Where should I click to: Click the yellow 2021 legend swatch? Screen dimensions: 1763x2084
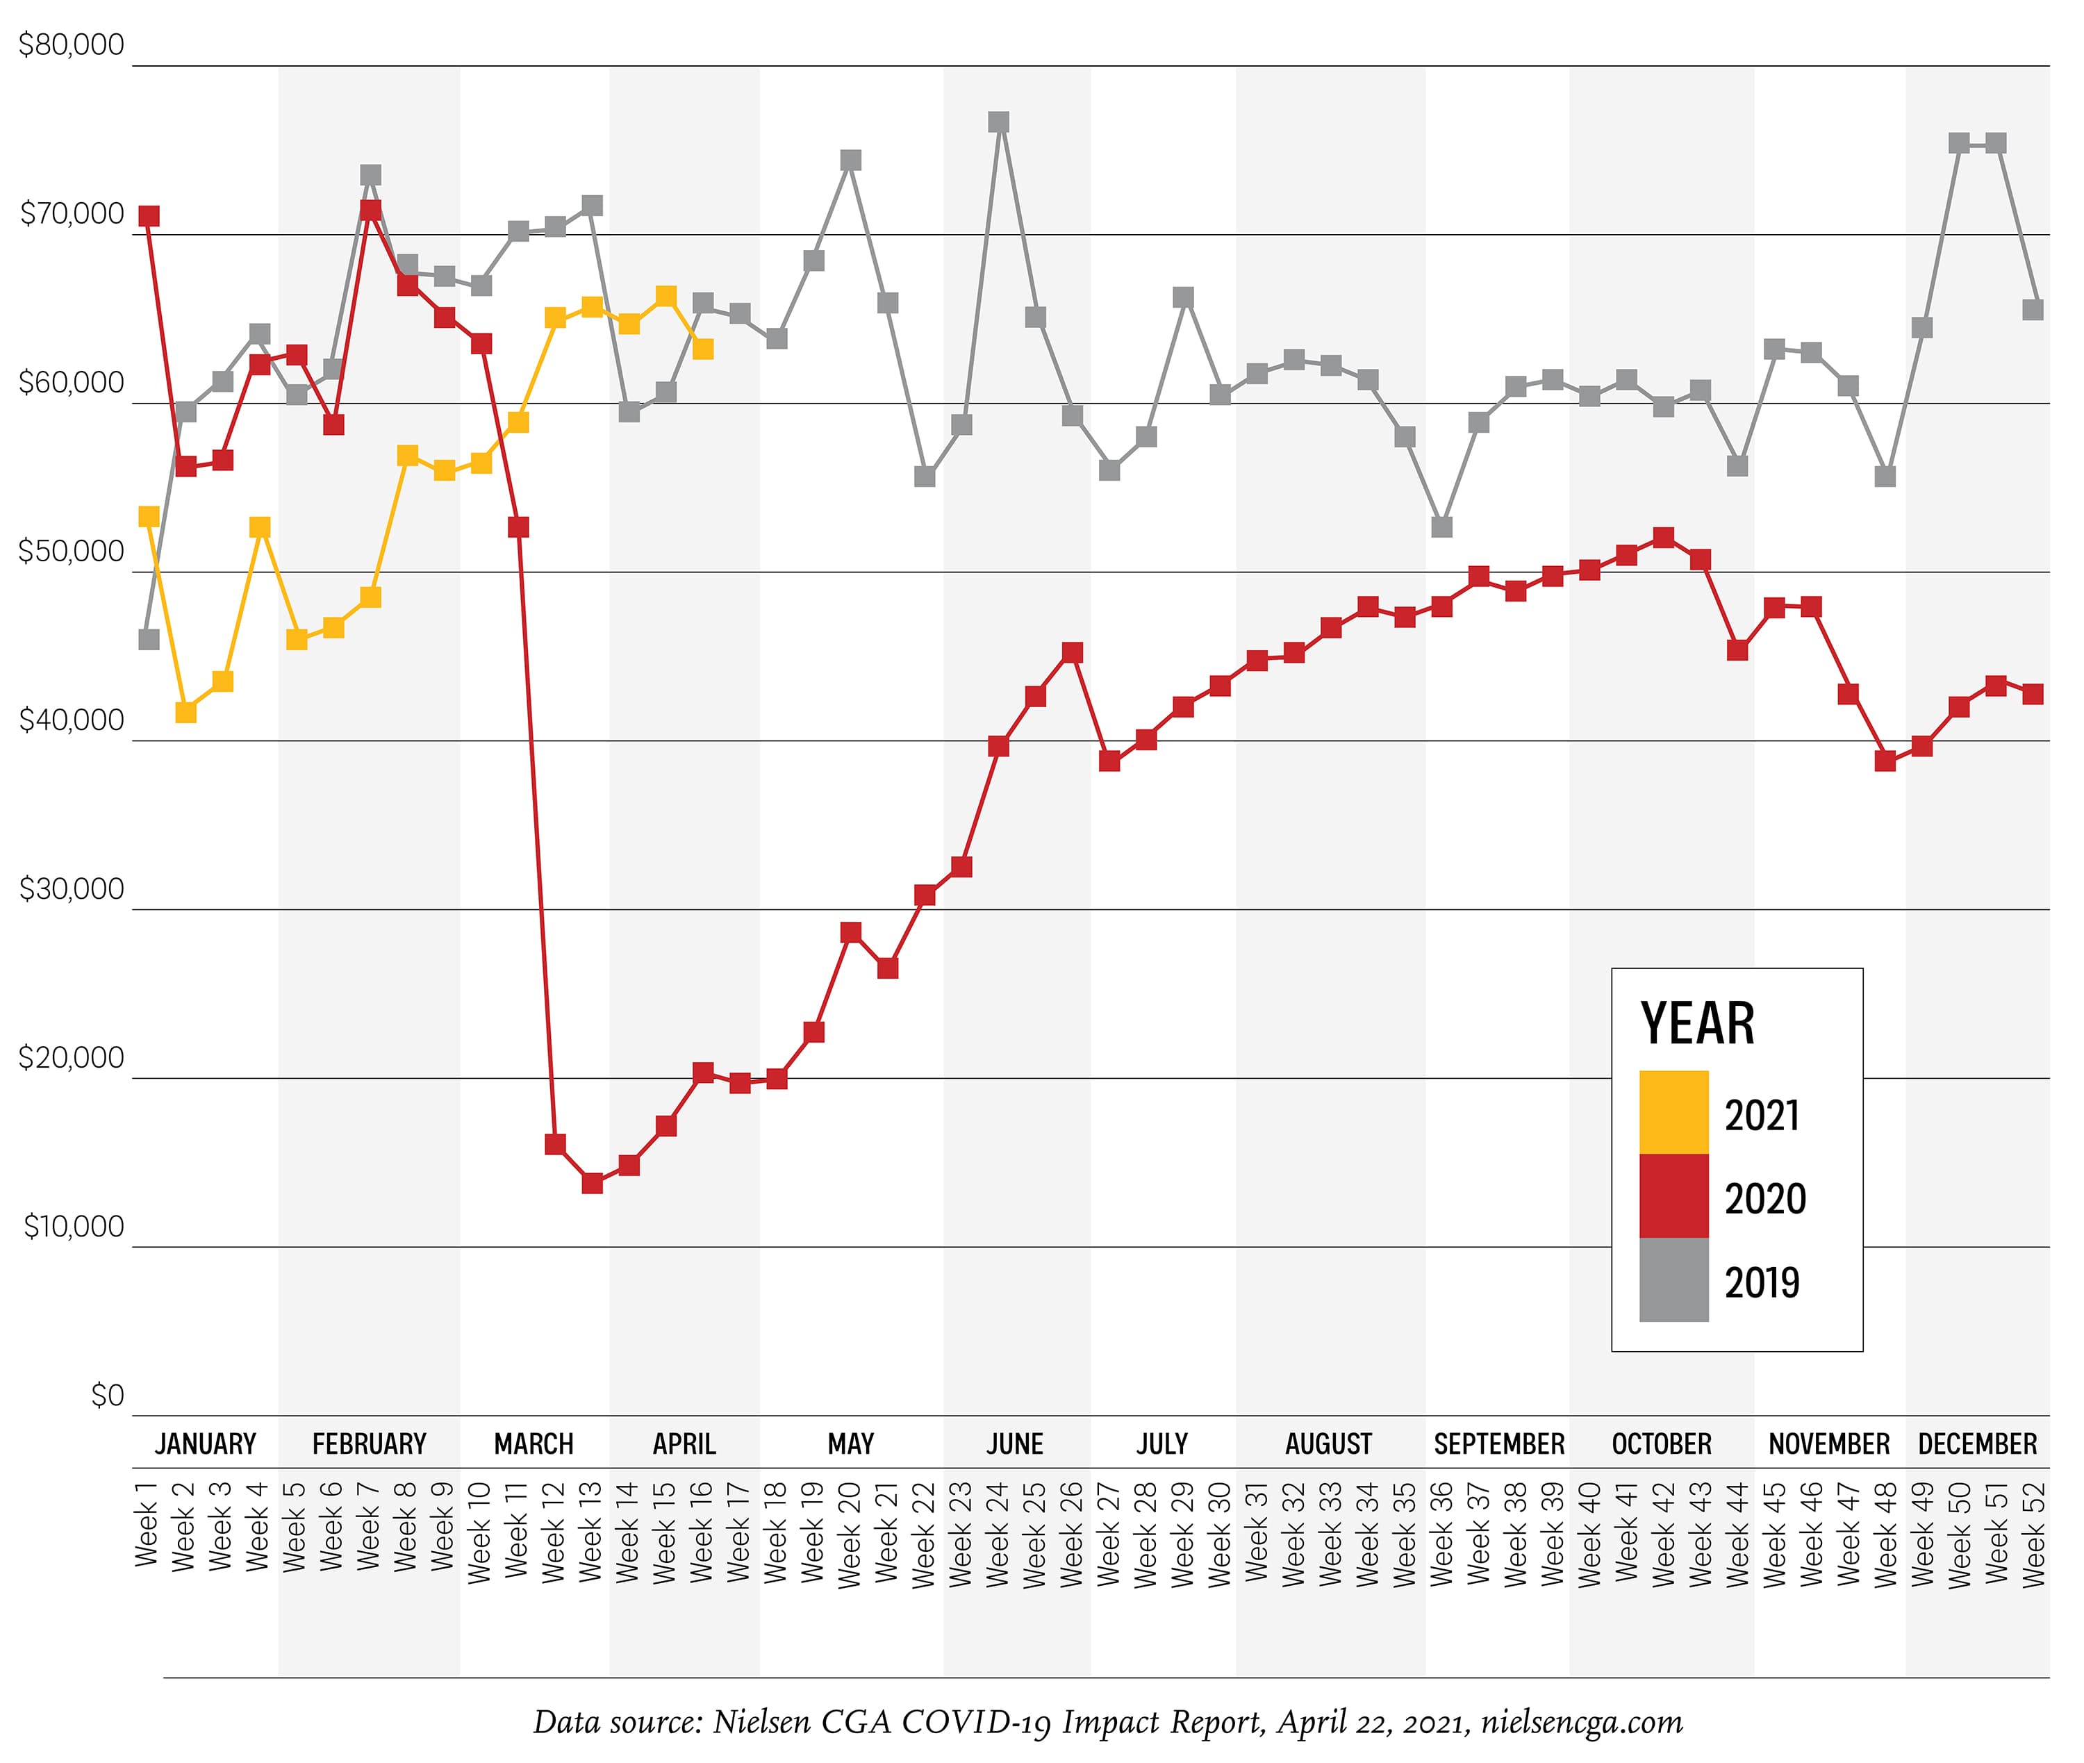(1673, 1112)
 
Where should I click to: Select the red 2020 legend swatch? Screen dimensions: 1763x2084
(1673, 1196)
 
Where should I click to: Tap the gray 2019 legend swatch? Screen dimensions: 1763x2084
(1673, 1280)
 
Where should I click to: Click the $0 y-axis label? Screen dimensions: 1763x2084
(107, 1396)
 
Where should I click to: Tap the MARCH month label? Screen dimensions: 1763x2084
(534, 1444)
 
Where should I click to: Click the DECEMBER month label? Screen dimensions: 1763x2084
(1977, 1444)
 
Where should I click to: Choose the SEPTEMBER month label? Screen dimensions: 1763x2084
(1498, 1444)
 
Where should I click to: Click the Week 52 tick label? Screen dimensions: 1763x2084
(2034, 1534)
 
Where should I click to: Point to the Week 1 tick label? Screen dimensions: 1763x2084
(146, 1524)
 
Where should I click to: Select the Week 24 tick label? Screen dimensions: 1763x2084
(998, 1534)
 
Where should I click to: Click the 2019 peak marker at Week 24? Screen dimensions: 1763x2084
(998, 122)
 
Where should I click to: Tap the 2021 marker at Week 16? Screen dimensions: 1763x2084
(703, 349)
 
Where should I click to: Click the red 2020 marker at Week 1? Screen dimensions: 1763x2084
(149, 217)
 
